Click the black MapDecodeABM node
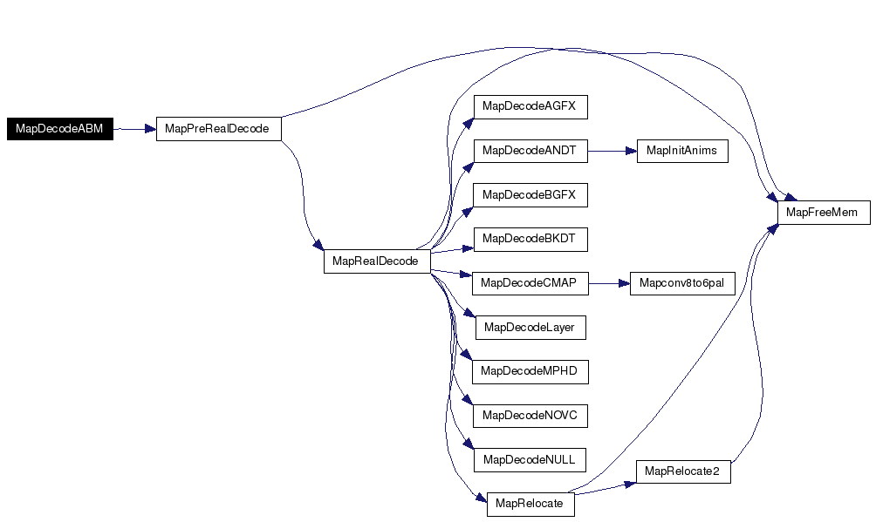60,129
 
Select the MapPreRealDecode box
218,129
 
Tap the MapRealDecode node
377,261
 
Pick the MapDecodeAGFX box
530,106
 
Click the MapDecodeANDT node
530,151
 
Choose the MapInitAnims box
682,151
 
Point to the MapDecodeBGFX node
530,195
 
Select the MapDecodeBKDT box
530,239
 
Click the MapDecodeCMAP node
530,283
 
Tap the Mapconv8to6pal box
682,283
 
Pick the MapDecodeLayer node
530,327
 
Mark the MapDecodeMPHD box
530,372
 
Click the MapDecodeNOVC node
530,416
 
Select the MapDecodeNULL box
530,460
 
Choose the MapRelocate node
530,504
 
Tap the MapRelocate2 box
683,471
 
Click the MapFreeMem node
824,213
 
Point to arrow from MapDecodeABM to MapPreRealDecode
134,129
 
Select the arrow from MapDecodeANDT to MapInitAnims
613,151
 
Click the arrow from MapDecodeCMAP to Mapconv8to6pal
609,283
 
